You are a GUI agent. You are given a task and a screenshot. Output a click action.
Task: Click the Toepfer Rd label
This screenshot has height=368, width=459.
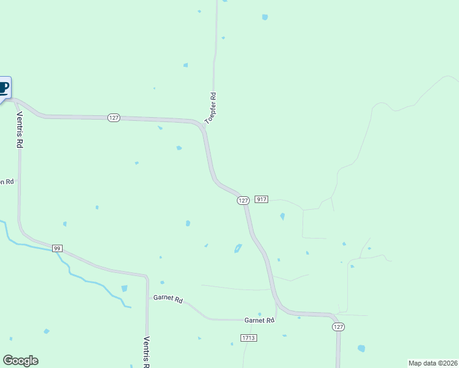point(211,109)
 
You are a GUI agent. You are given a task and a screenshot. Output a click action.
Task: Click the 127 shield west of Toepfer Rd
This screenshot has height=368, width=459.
point(113,118)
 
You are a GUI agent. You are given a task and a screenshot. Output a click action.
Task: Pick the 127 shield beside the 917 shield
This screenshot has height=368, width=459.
point(243,201)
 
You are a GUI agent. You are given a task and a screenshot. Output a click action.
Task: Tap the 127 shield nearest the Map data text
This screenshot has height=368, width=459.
point(338,327)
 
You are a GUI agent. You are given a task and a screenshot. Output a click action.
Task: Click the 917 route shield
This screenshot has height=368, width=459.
point(261,199)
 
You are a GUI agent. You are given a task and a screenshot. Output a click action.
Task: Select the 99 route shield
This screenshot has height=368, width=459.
point(57,248)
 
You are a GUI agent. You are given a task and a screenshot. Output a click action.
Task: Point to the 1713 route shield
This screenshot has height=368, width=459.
point(249,338)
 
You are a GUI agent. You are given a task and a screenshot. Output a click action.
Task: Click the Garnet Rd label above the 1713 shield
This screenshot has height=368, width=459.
point(259,320)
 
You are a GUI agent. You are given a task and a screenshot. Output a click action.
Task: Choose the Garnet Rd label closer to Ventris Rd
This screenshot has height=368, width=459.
point(168,300)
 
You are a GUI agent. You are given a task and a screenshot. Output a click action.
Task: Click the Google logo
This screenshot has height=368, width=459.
point(20,361)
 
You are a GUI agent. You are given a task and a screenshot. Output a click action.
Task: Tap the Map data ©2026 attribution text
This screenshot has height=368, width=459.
point(433,362)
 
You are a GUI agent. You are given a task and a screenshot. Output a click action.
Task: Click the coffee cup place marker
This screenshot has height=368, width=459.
point(4,87)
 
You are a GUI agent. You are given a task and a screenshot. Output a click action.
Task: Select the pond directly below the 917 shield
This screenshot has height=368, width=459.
point(282,217)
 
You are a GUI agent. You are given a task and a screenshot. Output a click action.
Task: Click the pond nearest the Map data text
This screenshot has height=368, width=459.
point(361,348)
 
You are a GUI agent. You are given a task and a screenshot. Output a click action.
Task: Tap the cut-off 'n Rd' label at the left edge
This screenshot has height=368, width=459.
point(7,182)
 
